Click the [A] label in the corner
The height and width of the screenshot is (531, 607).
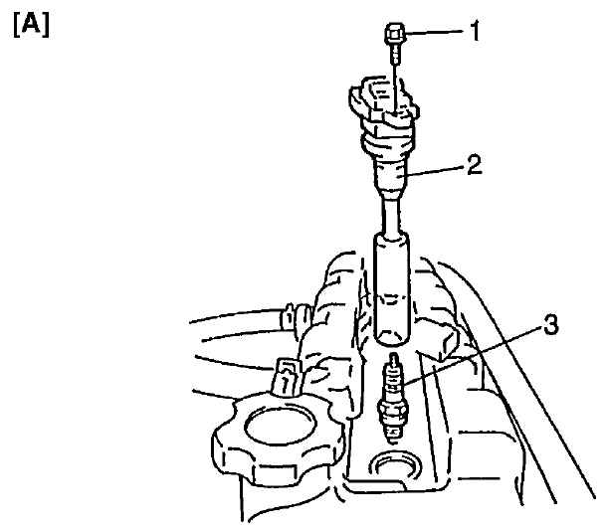[x=31, y=26]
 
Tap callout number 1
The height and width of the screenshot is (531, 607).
[x=475, y=32]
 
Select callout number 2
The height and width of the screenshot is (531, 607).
[x=475, y=164]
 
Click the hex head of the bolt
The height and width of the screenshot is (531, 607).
[x=395, y=34]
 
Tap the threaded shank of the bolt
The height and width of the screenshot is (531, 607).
[x=395, y=55]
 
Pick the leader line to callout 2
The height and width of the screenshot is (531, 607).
[x=436, y=171]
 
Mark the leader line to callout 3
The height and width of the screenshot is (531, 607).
[x=472, y=357]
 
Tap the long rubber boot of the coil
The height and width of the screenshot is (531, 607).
[x=392, y=289]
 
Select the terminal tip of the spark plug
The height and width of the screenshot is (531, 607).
[x=394, y=359]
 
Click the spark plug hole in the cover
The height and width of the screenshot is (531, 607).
[x=392, y=465]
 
